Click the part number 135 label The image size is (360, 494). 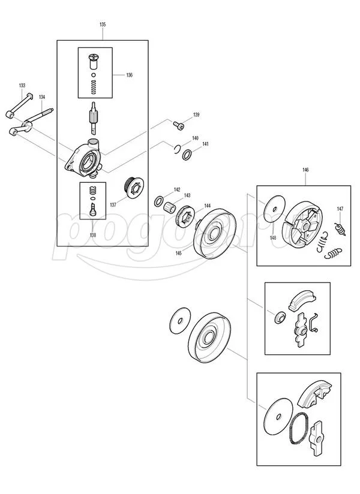(103, 25)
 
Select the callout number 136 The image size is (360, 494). (129, 75)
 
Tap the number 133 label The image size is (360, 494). (22, 86)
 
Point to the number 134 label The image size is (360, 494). (42, 97)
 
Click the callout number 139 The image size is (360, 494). (196, 115)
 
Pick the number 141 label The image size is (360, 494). (205, 144)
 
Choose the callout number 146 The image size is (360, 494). (305, 170)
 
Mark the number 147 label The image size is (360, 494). (340, 209)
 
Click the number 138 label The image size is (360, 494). (92, 236)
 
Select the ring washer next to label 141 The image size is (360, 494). (188, 155)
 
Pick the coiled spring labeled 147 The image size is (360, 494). (340, 228)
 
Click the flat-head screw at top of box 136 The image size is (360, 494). (93, 59)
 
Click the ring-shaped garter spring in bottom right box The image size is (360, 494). (298, 429)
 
